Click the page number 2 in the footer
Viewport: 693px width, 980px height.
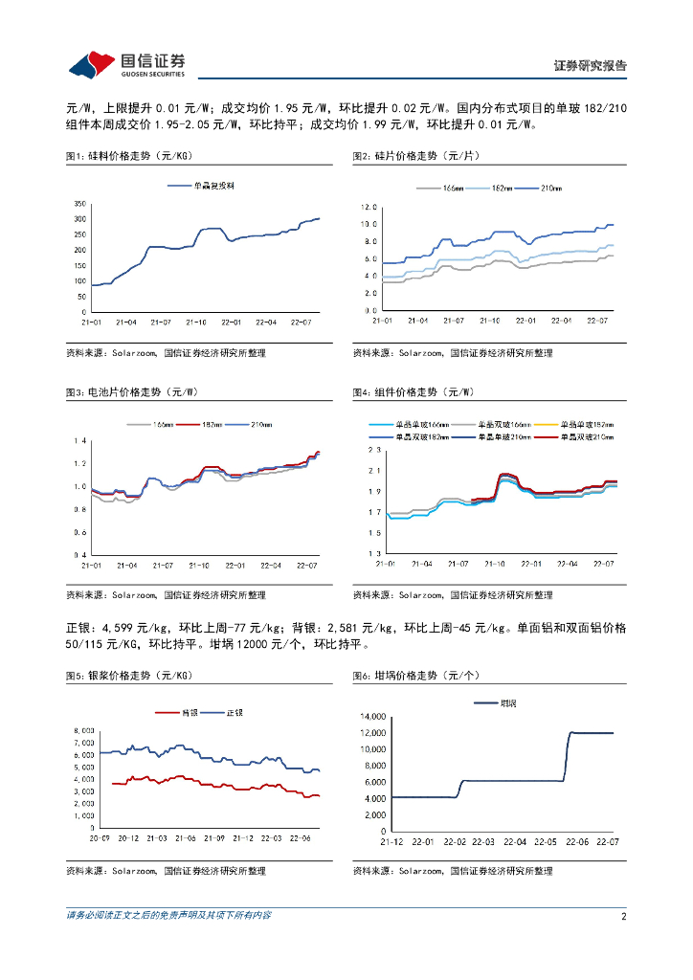[x=623, y=916]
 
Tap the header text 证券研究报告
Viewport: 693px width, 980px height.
[x=591, y=66]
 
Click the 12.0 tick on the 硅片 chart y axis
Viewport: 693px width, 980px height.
[x=369, y=207]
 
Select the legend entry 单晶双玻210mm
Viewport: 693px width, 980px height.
[x=586, y=436]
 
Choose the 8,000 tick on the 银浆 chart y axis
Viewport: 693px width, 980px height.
[x=83, y=731]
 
